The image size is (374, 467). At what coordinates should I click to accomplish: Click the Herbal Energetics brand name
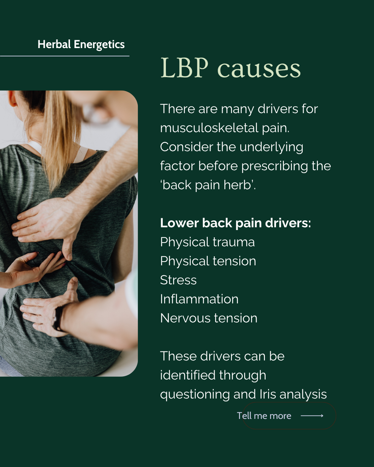click(81, 45)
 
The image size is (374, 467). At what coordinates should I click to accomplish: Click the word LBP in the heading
click(185, 68)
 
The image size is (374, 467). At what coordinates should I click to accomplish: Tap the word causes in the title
click(259, 69)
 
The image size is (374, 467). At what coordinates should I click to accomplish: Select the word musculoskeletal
click(209, 128)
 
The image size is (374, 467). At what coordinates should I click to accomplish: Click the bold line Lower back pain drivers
click(235, 223)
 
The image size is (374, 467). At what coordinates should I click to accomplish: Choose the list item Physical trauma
click(207, 242)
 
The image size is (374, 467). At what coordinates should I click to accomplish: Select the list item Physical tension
click(208, 261)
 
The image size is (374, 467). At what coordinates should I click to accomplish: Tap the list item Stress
click(178, 280)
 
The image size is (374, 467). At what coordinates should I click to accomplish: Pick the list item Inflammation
click(199, 299)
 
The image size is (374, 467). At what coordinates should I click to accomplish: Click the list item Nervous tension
click(209, 318)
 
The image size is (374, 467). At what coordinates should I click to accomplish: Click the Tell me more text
click(264, 416)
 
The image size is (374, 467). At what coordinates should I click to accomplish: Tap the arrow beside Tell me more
click(312, 416)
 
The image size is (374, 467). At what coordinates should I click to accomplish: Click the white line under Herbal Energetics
click(64, 56)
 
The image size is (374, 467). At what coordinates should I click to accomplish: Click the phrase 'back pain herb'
click(207, 185)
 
